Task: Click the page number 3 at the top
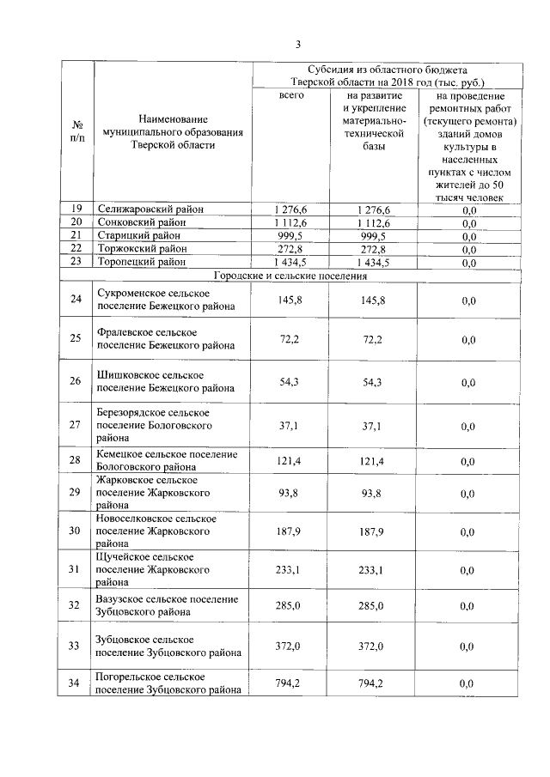[x=297, y=45]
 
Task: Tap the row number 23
[x=76, y=262]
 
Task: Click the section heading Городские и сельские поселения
[x=290, y=276]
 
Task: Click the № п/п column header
[x=76, y=131]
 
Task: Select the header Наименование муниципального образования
[x=172, y=131]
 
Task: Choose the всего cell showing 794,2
[x=291, y=683]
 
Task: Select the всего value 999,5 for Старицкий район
[x=291, y=236]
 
